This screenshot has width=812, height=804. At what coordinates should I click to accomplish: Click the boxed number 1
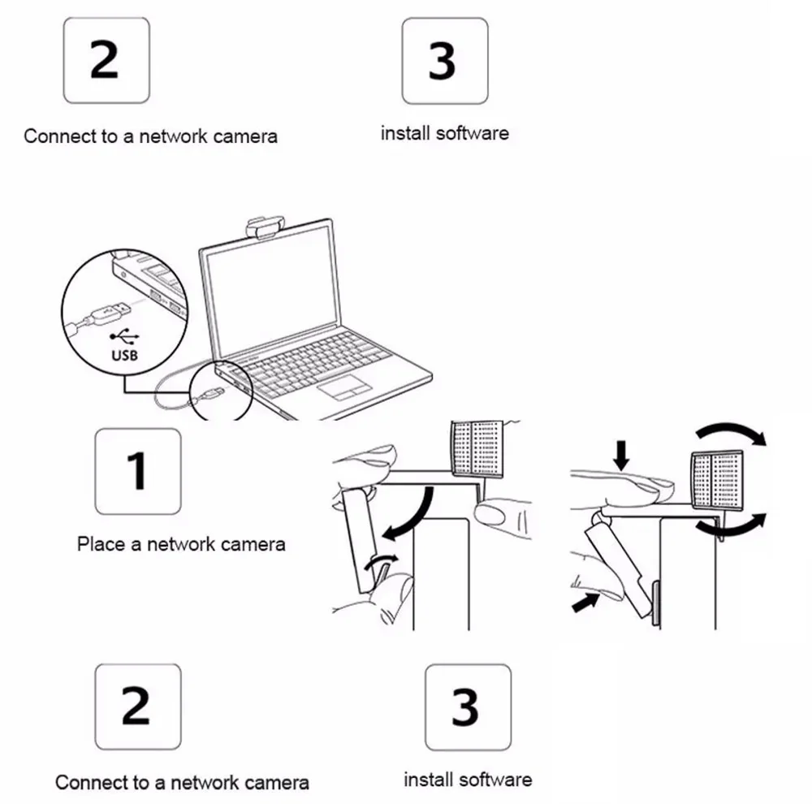pyautogui.click(x=137, y=471)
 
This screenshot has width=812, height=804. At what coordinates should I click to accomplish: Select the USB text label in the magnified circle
pyautogui.click(x=125, y=356)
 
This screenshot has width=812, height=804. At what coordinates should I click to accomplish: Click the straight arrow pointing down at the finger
pyautogui.click(x=622, y=456)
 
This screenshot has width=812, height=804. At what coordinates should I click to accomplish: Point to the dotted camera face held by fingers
pyautogui.click(x=476, y=450)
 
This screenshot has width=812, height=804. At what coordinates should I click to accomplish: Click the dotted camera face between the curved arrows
pyautogui.click(x=716, y=479)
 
